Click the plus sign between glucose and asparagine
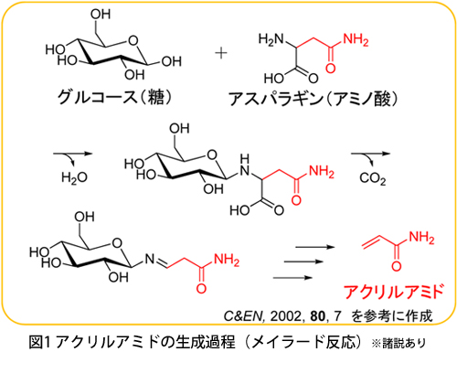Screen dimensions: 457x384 pos(221,53)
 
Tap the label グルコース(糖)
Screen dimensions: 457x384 pos(115,97)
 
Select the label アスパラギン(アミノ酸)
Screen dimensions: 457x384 pos(313,99)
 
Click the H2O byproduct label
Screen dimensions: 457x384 pos(74,177)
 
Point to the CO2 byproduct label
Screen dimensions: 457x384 pos(372,178)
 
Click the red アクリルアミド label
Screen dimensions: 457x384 pos(393,292)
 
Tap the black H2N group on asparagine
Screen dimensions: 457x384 pos(271,39)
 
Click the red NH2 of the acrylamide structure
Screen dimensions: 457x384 pos(421,238)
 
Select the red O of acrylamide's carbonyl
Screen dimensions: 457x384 pos(396,266)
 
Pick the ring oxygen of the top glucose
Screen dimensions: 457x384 pos(133,40)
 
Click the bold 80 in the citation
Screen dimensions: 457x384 pos(318,316)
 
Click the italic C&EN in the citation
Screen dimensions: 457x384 pos(243,316)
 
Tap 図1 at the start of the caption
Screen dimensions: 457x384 pos(39,342)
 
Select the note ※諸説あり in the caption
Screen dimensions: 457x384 pos(399,344)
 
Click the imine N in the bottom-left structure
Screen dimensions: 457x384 pos(150,259)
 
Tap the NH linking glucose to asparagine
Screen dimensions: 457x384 pos(244,165)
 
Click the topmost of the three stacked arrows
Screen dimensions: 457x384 pos(315,247)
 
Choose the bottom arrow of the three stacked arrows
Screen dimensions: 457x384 pos(292,277)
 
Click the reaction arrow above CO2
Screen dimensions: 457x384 pos(370,154)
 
